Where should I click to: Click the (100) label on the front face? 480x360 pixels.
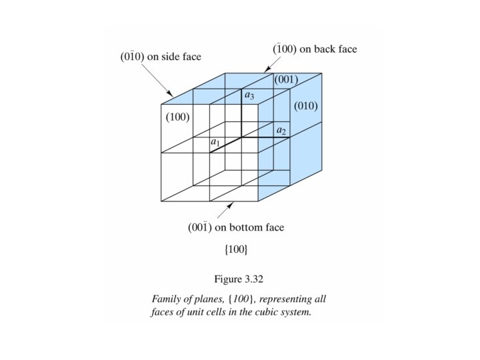pyautogui.click(x=178, y=117)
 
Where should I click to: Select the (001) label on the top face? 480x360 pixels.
pyautogui.click(x=286, y=80)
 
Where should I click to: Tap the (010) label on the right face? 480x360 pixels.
pyautogui.click(x=306, y=106)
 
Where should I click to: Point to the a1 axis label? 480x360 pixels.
pyautogui.click(x=215, y=143)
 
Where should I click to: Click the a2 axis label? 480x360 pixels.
pyautogui.click(x=281, y=131)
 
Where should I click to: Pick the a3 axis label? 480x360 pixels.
pyautogui.click(x=249, y=95)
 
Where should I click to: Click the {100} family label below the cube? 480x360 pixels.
pyautogui.click(x=235, y=249)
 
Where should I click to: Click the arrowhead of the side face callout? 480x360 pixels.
pyautogui.click(x=171, y=94)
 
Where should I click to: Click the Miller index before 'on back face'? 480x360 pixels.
pyautogui.click(x=286, y=49)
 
